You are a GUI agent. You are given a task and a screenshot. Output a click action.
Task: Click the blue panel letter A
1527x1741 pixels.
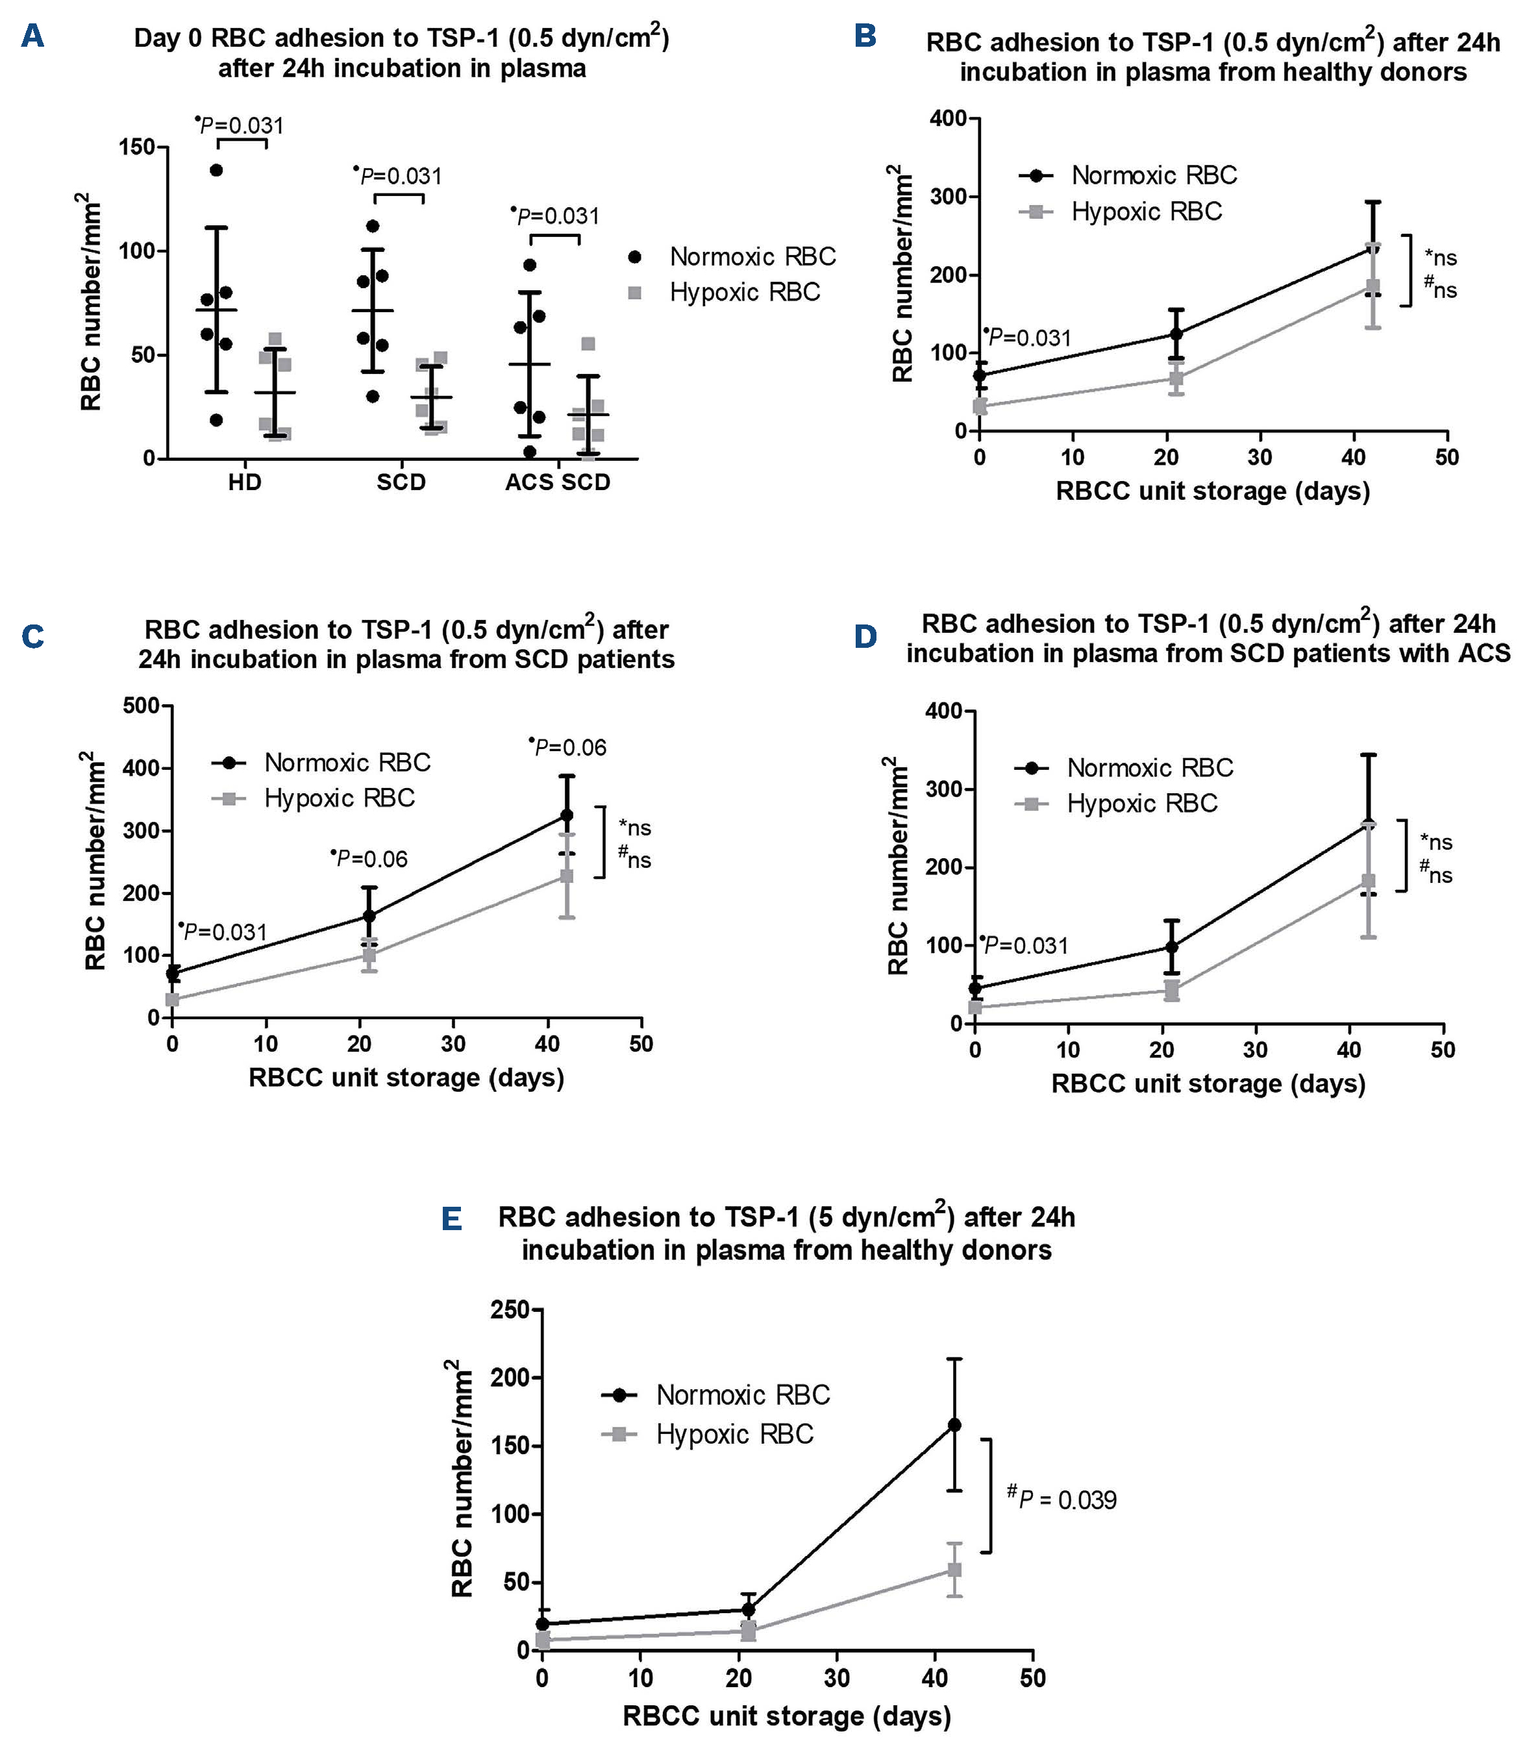(x=32, y=36)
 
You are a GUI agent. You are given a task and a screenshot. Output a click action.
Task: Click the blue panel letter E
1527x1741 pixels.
(x=451, y=1220)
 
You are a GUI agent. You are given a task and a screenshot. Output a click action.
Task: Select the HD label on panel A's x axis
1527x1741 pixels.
(x=244, y=482)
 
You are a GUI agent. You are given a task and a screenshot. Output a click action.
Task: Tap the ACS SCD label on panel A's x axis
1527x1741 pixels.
(x=558, y=482)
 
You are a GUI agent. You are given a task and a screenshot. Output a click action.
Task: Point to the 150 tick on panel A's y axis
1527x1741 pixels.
(x=137, y=147)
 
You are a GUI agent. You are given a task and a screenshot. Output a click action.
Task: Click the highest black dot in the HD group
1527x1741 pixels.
(x=216, y=170)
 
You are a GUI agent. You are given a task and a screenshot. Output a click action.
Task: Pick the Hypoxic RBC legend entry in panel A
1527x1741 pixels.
(x=743, y=292)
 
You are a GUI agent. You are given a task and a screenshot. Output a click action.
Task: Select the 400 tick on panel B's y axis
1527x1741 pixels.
(x=948, y=118)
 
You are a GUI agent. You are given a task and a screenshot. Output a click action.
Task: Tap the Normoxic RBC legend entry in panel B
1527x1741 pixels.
(x=1153, y=175)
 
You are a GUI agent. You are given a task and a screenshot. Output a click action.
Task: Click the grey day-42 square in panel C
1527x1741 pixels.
(x=566, y=876)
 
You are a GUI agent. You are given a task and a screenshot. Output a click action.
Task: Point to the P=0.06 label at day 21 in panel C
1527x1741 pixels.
(x=371, y=859)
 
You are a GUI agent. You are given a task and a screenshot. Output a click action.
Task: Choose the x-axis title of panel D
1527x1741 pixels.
(x=1208, y=1084)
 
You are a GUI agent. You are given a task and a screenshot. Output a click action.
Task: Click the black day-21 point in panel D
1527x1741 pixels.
(x=1172, y=947)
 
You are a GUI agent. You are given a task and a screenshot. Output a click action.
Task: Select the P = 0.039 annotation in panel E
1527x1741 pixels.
(x=1066, y=1499)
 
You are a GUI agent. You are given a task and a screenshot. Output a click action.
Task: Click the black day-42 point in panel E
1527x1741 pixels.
(x=954, y=1425)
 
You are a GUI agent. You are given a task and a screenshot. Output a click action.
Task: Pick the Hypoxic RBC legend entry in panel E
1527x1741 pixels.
(x=734, y=1435)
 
